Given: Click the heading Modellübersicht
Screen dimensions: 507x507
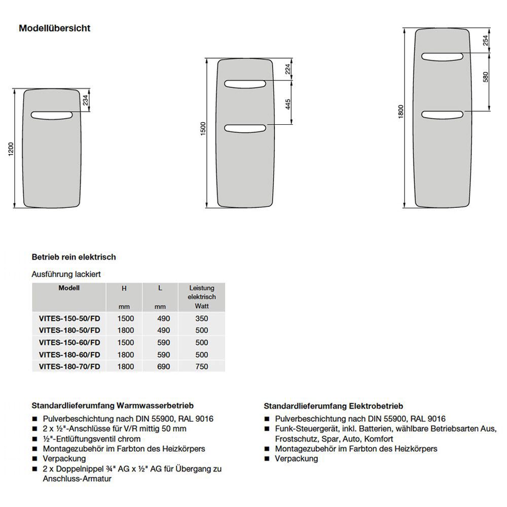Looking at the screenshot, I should point(55,28).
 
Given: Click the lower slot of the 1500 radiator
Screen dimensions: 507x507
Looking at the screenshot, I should point(246,128).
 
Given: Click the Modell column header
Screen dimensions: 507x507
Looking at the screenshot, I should point(69,288).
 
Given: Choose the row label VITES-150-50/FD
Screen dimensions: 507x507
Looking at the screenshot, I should point(69,318).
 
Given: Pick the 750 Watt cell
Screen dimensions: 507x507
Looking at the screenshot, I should point(201,367).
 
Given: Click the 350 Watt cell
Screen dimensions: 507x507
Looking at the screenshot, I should point(201,318).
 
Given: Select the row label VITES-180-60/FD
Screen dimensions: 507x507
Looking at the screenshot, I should point(69,354).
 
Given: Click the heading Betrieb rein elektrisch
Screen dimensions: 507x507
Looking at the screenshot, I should point(74,257).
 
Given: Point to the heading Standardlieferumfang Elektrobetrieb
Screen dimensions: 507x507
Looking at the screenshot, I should point(333,406).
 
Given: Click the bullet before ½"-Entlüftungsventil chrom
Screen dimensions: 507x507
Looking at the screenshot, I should point(34,439).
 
